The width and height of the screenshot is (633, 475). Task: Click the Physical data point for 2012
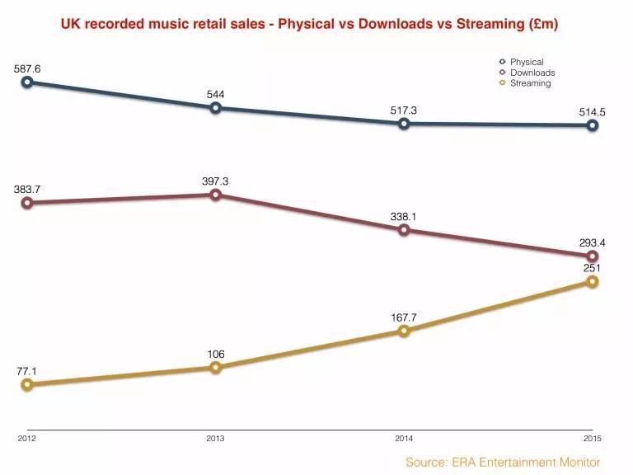[27, 82]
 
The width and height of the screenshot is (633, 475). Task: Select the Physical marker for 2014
[404, 124]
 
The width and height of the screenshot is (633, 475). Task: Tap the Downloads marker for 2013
[215, 195]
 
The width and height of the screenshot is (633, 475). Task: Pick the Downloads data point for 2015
[592, 256]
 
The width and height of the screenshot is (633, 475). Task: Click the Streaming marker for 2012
[27, 384]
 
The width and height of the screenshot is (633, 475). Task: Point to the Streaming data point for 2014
[404, 331]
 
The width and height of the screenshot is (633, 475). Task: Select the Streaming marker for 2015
[592, 282]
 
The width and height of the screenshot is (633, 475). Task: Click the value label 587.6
[27, 68]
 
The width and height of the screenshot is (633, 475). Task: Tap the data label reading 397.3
[215, 181]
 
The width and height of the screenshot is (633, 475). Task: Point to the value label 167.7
[404, 317]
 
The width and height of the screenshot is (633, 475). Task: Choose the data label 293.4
[592, 242]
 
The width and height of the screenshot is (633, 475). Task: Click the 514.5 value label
[592, 111]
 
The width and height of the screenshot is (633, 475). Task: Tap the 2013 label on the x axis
[215, 439]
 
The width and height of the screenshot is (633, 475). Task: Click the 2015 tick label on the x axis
[592, 439]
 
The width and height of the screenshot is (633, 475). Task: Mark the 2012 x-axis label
[27, 439]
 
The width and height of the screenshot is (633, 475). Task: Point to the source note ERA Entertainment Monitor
[503, 463]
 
